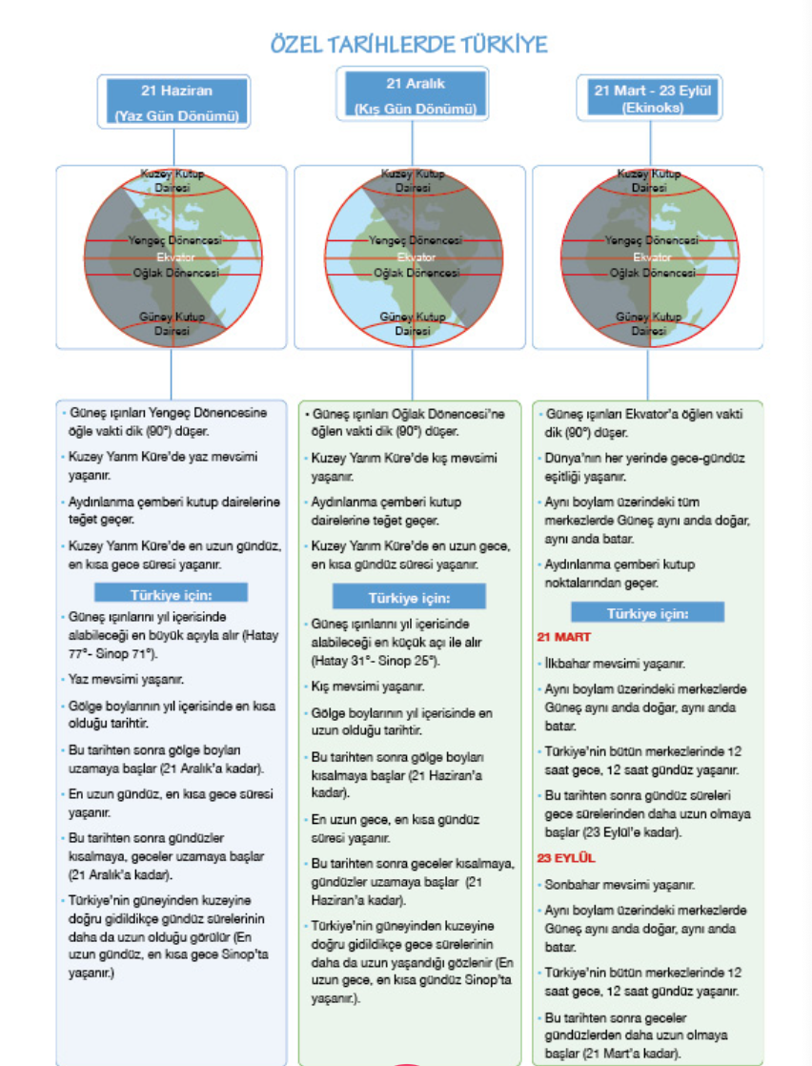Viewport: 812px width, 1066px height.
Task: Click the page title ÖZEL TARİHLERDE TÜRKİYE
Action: click(409, 45)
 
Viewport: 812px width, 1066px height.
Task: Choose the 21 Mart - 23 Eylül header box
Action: click(652, 99)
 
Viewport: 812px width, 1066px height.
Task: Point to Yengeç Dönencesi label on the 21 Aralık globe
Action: click(413, 241)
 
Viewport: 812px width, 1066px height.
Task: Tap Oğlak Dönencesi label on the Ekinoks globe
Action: click(652, 273)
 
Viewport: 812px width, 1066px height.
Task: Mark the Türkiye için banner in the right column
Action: click(647, 613)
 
